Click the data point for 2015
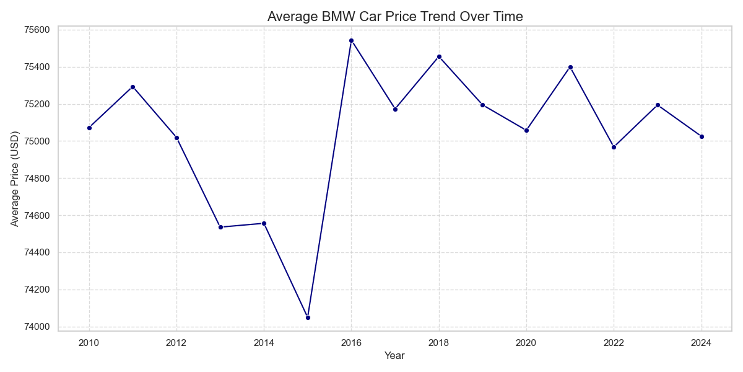(x=308, y=317)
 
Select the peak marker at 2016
(x=351, y=40)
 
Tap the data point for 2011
(x=133, y=87)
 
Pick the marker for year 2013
(x=220, y=227)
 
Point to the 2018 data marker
(x=439, y=56)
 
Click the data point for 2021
(x=570, y=67)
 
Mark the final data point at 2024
(x=702, y=136)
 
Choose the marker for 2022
(x=614, y=147)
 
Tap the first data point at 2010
(x=89, y=128)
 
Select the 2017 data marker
(x=395, y=109)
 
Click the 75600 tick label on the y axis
(x=37, y=30)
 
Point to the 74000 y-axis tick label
(x=37, y=327)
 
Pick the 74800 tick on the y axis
(x=37, y=179)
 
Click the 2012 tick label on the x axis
(x=176, y=343)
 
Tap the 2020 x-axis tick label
(x=526, y=343)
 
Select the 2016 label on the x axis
(x=351, y=343)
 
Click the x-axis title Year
(x=394, y=356)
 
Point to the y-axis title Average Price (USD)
(x=15, y=179)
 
